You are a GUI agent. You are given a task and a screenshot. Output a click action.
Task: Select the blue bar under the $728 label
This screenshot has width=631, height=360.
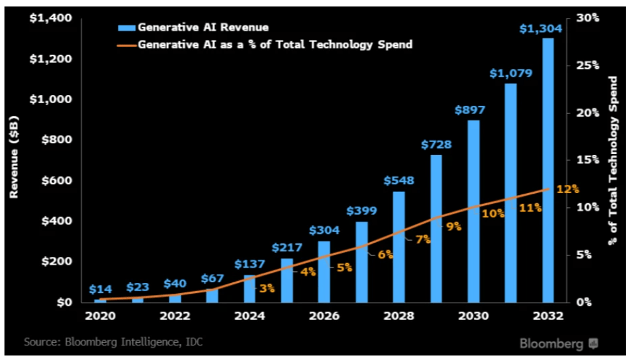436,229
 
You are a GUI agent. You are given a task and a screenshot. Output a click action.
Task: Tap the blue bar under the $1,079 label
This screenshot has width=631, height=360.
511,191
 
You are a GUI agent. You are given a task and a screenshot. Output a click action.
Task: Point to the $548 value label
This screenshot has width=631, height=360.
399,180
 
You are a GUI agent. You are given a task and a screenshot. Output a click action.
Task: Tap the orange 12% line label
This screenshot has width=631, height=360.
567,189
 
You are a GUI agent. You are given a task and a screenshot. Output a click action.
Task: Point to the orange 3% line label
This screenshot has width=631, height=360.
267,288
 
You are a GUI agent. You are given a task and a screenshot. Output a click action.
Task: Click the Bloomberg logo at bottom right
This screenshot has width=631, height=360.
557,344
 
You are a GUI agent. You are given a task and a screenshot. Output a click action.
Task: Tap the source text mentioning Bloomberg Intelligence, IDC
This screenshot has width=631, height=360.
114,342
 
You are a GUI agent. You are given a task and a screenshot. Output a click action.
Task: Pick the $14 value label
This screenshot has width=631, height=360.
99,289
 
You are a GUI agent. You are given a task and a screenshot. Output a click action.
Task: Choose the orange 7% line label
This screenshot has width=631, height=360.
423,240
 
